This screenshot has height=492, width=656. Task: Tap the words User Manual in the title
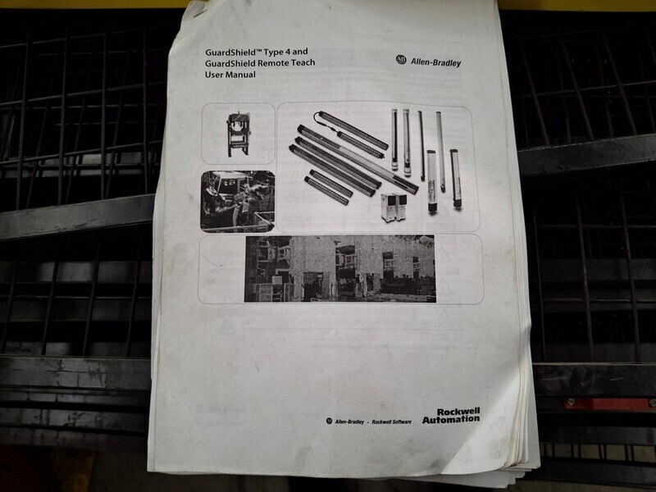pyautogui.click(x=230, y=75)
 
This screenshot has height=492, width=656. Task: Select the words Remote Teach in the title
pyautogui.click(x=286, y=63)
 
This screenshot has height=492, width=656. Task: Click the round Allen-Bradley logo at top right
pyautogui.click(x=401, y=60)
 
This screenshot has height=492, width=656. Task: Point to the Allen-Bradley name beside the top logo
pyautogui.click(x=435, y=63)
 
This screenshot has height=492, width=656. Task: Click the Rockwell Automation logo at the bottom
pyautogui.click(x=451, y=416)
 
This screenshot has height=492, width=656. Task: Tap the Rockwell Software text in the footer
pyautogui.click(x=391, y=421)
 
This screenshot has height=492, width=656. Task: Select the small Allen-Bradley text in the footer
pyautogui.click(x=349, y=421)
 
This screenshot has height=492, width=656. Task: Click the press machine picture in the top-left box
pyautogui.click(x=238, y=134)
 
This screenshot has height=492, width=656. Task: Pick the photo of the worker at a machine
pyautogui.click(x=238, y=201)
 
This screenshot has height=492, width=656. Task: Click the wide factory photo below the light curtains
pyautogui.click(x=339, y=268)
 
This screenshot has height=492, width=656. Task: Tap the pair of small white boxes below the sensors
pyautogui.click(x=394, y=207)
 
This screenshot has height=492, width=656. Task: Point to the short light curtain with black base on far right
pyautogui.click(x=456, y=179)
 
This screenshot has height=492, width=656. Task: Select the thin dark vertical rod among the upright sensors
pyautogui.click(x=421, y=146)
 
